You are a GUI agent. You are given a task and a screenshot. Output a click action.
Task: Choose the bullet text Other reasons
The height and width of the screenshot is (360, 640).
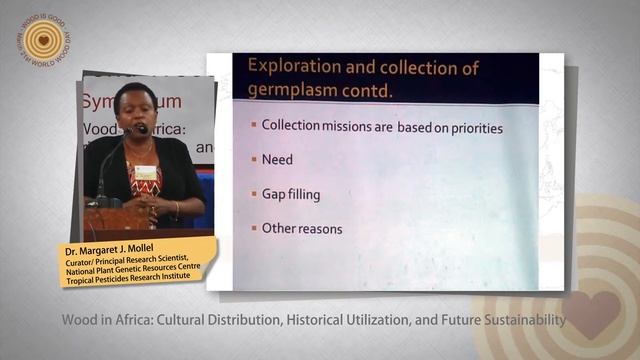click(302, 228)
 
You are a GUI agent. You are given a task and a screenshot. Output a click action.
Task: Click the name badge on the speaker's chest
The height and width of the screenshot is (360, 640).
click(146, 172)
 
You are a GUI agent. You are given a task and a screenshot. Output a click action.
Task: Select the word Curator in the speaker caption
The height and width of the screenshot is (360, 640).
click(90, 259)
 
